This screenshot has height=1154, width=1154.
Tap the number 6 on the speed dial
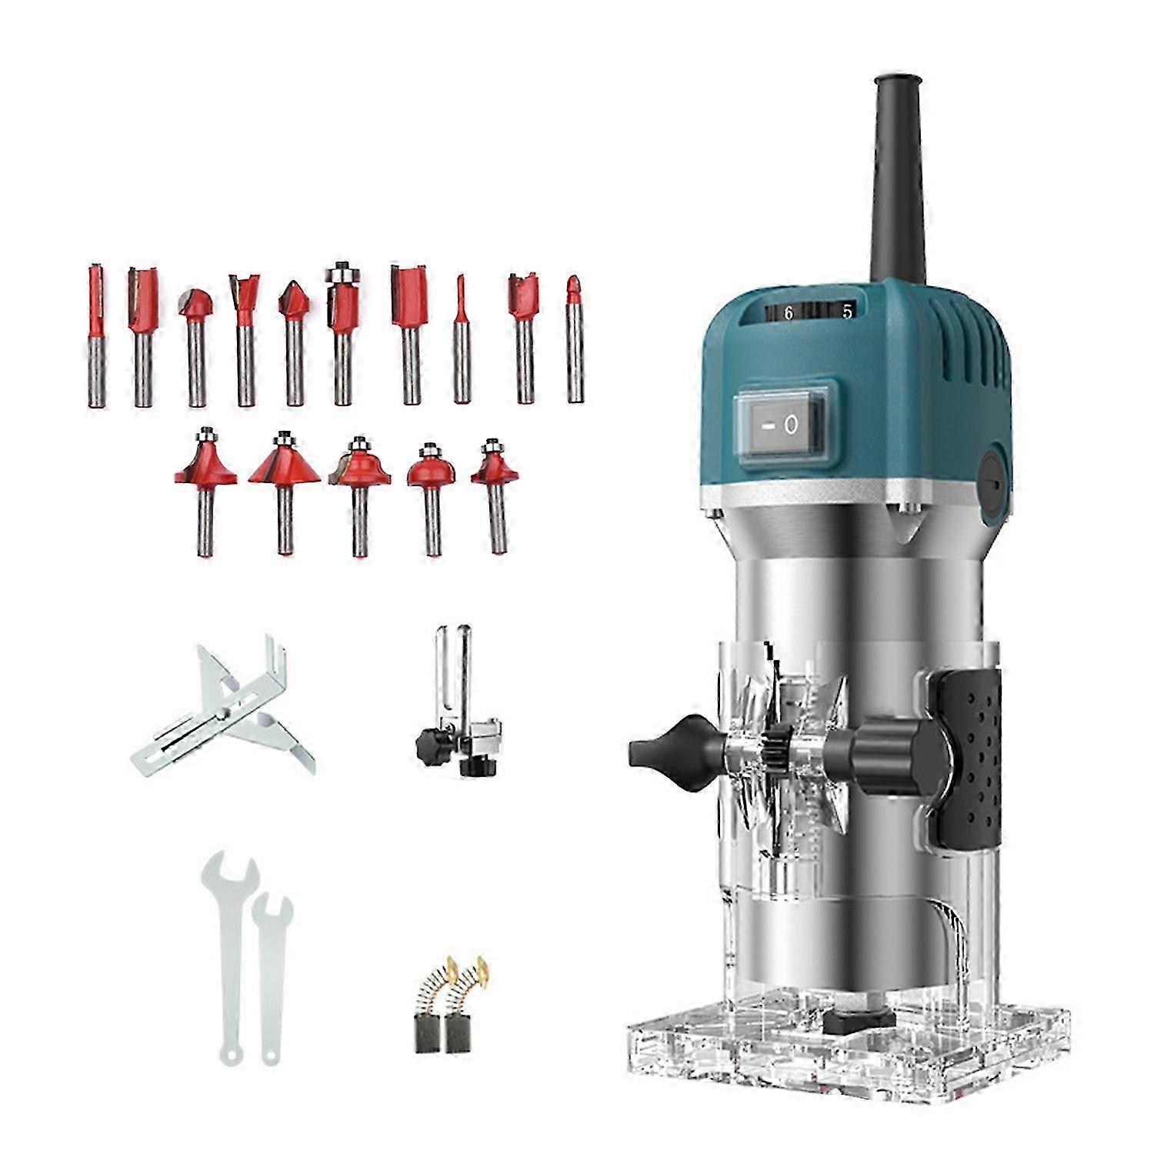[x=789, y=313]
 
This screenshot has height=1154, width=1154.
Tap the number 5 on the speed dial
[x=847, y=312]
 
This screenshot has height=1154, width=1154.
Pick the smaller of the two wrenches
[x=271, y=977]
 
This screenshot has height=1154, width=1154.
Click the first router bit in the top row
[x=95, y=335]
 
